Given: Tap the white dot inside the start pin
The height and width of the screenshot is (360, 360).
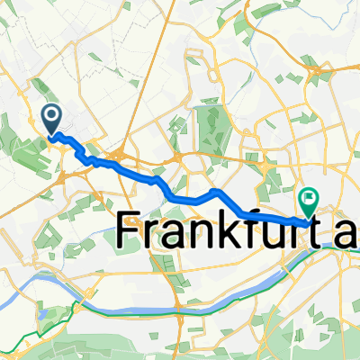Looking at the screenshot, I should pos(52,114).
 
